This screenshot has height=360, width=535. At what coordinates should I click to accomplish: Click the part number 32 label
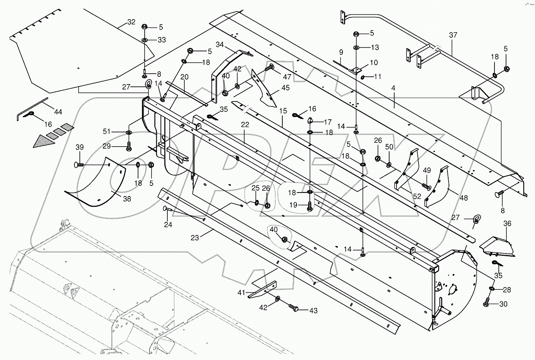point(131,22)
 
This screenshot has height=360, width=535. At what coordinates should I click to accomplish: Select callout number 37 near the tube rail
point(453,35)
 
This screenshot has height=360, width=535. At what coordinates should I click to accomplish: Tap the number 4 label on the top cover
point(393,88)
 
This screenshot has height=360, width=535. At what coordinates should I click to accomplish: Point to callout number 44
point(58,112)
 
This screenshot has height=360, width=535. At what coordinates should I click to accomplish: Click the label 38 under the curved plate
point(127,199)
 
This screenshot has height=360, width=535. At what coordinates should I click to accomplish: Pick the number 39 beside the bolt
point(79,147)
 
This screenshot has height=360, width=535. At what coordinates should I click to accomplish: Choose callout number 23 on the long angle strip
point(195,238)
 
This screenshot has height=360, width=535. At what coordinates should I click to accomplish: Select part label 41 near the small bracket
point(241,292)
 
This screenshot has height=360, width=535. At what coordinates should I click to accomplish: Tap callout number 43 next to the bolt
point(313,311)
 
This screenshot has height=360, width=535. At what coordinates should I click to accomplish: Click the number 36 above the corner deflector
point(507,223)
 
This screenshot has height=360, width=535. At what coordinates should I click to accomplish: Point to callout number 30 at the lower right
point(503,304)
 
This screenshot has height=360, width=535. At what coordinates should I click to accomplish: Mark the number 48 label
point(463,198)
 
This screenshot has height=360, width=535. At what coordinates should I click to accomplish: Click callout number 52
point(417,196)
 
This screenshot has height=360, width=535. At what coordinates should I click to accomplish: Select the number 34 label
point(219,45)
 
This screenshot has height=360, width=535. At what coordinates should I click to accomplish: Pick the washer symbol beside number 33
point(145,40)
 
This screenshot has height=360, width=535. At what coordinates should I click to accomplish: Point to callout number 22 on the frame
point(245,125)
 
